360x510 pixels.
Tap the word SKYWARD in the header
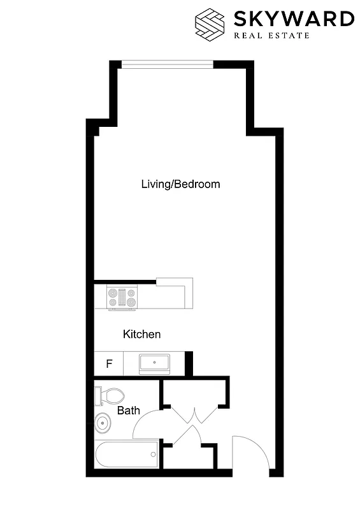tap(294, 18)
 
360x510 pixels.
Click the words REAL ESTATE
tap(271, 35)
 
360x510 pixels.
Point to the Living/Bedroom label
tap(180, 184)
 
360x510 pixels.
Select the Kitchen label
tap(141, 334)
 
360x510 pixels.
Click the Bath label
tap(128, 411)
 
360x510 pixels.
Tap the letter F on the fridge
tap(109, 365)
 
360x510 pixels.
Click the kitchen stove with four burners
tap(122, 298)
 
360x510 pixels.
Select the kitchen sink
tap(154, 364)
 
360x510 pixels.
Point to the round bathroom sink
tap(101, 421)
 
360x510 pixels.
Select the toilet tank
tap(97, 395)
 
